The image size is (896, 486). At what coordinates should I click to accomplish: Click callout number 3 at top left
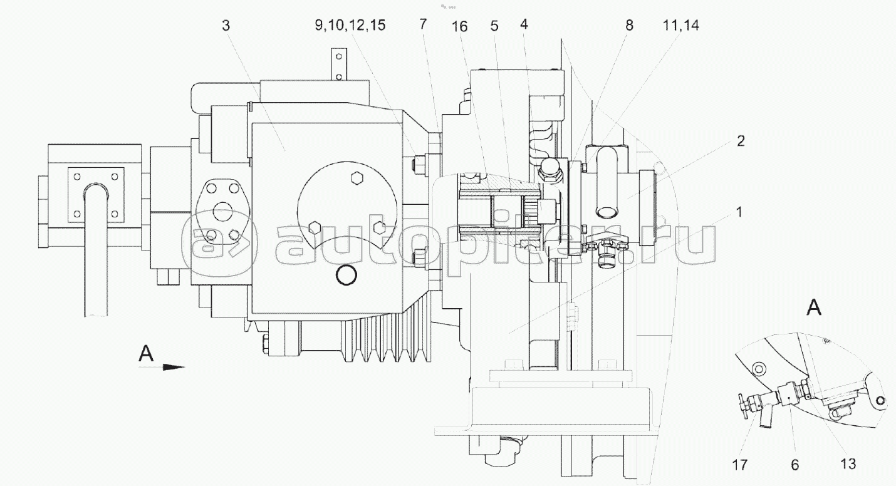226,26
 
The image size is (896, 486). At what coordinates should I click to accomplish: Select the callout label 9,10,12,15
350,25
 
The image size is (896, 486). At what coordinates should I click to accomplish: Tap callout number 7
423,24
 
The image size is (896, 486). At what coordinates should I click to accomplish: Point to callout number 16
460,26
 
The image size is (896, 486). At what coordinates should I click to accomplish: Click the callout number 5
494,26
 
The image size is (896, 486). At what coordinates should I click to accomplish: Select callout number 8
629,25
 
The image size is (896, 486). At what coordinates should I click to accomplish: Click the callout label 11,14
681,25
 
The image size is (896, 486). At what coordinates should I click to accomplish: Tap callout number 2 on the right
741,141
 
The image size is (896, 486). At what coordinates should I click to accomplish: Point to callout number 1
739,212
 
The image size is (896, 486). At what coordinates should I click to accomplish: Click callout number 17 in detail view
740,465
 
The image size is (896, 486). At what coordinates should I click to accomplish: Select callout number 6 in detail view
794,465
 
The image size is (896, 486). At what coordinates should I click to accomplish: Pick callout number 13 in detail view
848,463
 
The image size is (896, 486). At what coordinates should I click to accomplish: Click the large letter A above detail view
815,308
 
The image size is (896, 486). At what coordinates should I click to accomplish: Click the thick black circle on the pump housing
346,276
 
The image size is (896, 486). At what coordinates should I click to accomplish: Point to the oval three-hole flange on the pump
222,212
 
